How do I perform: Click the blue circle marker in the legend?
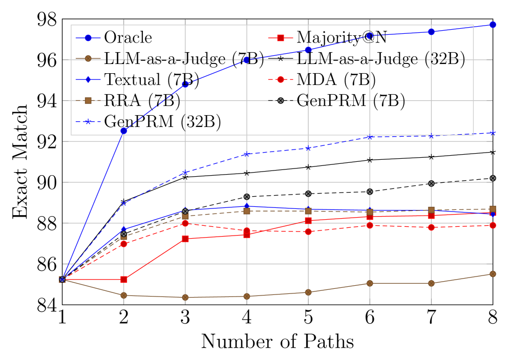(x=88, y=38)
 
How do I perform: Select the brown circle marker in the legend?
(x=88, y=58)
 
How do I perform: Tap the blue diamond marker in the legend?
(x=88, y=79)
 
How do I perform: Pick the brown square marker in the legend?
(x=88, y=100)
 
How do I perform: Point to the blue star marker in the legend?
(x=88, y=121)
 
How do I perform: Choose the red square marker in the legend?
(x=281, y=38)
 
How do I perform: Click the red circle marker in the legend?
(x=281, y=79)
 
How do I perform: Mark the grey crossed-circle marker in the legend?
(x=281, y=100)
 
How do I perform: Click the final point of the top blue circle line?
(x=493, y=25)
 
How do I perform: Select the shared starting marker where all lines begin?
(x=62, y=280)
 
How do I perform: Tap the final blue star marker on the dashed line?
(x=493, y=133)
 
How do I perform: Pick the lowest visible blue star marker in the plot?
(x=124, y=203)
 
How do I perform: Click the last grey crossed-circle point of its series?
(x=493, y=178)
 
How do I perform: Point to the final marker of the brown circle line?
(x=493, y=274)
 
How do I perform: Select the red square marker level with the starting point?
(x=124, y=280)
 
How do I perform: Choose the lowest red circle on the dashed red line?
(x=124, y=244)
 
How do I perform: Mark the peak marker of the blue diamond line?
(x=247, y=206)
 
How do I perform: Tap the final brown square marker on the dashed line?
(x=493, y=209)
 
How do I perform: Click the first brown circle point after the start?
(x=124, y=295)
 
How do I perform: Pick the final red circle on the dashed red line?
(x=493, y=225)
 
